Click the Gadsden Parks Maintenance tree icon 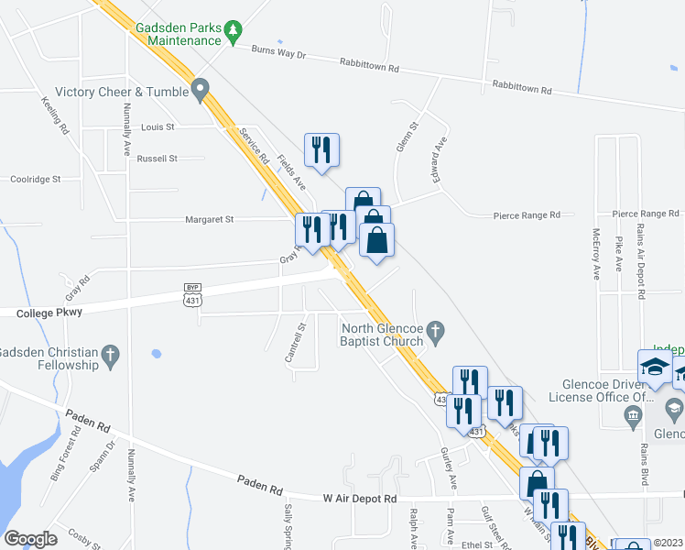pyautogui.click(x=234, y=33)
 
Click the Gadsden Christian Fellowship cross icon pyautogui.click(x=111, y=355)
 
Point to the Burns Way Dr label pyautogui.click(x=278, y=54)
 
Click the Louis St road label pyautogui.click(x=158, y=126)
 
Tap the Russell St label pyautogui.click(x=157, y=159)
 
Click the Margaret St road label pyautogui.click(x=210, y=219)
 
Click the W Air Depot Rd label pyautogui.click(x=360, y=499)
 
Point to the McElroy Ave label pyautogui.click(x=596, y=253)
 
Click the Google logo pyautogui.click(x=30, y=539)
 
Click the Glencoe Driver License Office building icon pyautogui.click(x=633, y=417)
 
